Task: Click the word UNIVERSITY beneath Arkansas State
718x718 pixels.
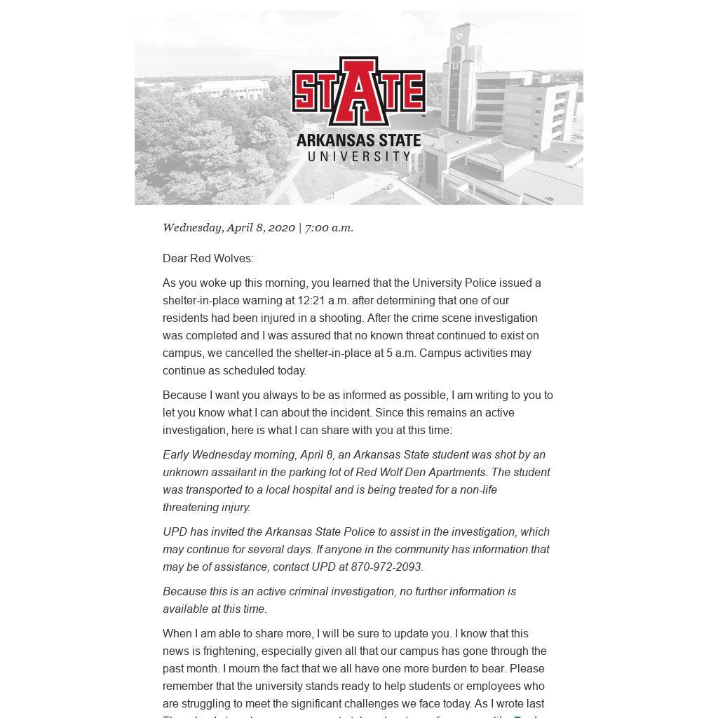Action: pos(359,156)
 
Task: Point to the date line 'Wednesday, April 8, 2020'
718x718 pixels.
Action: pos(229,227)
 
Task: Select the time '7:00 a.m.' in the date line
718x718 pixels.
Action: pos(329,227)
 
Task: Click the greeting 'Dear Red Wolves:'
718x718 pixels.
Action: pos(208,258)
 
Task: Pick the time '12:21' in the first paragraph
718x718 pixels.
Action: pos(311,300)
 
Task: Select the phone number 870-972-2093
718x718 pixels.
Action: pos(386,567)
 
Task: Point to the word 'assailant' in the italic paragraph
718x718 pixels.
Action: pos(229,472)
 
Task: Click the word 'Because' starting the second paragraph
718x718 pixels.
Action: pos(184,395)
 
